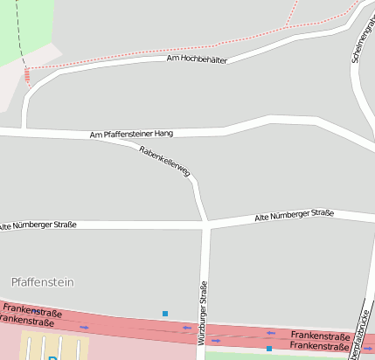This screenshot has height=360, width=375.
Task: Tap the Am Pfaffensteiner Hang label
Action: click(x=131, y=135)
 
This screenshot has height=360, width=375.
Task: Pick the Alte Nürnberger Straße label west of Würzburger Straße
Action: click(x=38, y=225)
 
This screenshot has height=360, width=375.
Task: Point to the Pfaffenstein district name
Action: click(x=43, y=282)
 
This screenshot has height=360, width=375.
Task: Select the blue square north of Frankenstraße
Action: click(x=164, y=313)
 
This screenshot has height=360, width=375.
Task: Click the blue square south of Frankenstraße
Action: click(x=269, y=349)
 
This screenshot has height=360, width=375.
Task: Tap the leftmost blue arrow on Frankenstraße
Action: click(x=84, y=327)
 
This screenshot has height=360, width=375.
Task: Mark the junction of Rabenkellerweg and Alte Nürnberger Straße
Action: click(x=207, y=225)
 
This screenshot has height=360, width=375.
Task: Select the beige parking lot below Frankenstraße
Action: click(x=35, y=345)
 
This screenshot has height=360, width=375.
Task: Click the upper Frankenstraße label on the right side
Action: click(x=319, y=336)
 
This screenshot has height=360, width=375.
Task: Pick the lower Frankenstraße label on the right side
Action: click(x=319, y=346)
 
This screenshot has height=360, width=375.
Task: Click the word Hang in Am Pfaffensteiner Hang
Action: click(x=163, y=134)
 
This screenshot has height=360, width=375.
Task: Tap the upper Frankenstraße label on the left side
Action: click(x=33, y=310)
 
